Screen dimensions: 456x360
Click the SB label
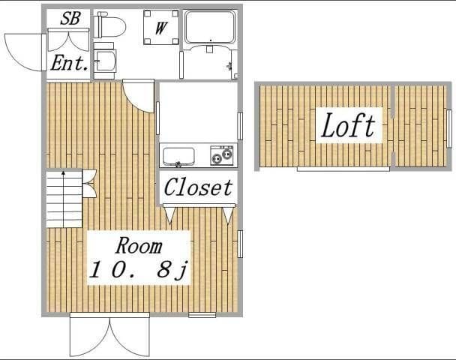[x=70, y=18]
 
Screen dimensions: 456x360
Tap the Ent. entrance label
[x=69, y=63]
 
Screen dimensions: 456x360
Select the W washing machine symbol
[x=160, y=27]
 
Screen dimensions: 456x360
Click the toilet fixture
[x=109, y=25]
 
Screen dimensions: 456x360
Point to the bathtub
[x=210, y=27]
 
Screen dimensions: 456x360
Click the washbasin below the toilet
[x=105, y=61]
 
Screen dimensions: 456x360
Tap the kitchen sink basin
[x=178, y=157]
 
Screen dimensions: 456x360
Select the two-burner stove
[x=222, y=155]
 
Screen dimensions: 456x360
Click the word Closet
[x=198, y=187]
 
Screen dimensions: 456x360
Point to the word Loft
[x=349, y=125]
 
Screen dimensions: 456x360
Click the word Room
[x=139, y=246]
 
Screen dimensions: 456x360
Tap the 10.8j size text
[x=139, y=270]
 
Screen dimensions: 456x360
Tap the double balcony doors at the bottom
[x=109, y=337]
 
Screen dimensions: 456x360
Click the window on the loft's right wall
[x=449, y=128]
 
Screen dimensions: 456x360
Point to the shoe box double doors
[x=68, y=40]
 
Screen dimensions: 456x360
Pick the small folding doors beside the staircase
[x=89, y=184]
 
